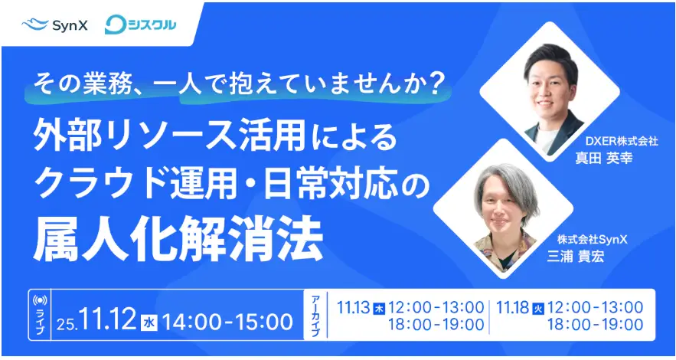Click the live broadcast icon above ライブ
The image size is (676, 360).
pyautogui.click(x=41, y=299)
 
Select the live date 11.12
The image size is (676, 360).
pyautogui.click(x=106, y=319)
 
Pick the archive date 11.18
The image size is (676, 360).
pyautogui.click(x=511, y=308)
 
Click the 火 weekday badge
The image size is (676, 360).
pyautogui.click(x=537, y=309)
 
